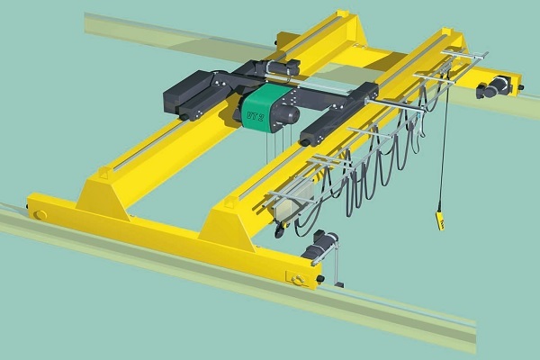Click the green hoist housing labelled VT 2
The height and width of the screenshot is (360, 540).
click(x=260, y=105)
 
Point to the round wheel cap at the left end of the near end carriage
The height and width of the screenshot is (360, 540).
click(x=40, y=213)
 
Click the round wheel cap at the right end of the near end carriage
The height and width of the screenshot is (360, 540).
click(x=298, y=277)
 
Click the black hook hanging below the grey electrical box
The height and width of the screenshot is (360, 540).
click(x=279, y=232)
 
